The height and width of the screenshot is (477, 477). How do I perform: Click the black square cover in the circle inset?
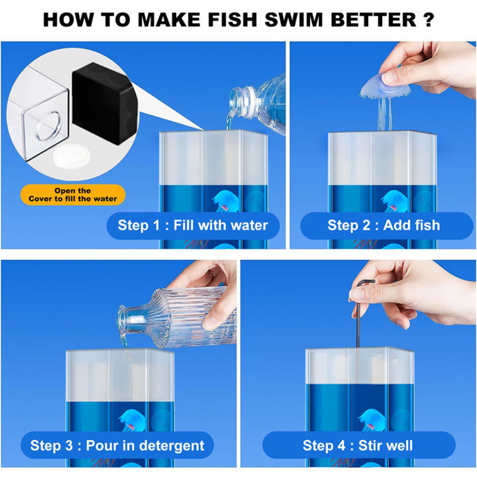tap(105, 103)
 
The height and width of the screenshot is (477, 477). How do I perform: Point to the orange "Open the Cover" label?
tap(73, 195)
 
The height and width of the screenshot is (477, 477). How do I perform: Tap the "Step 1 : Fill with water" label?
tap(193, 225)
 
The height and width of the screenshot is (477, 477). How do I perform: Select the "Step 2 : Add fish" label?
tap(384, 225)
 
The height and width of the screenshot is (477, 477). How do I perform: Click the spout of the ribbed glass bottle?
tap(124, 321)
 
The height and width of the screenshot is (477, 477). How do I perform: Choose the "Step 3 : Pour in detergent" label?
tap(117, 446)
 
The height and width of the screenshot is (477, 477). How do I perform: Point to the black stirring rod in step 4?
tap(359, 318)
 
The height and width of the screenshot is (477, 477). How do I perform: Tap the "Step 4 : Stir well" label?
tap(358, 446)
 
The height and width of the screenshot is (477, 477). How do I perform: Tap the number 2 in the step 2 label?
tap(366, 225)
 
